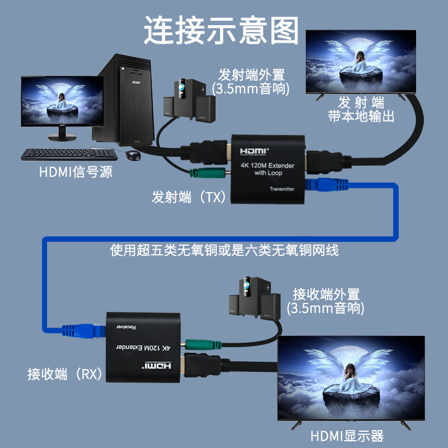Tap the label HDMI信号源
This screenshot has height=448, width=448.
tap(76, 172)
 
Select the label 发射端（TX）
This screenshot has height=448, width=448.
tap(188, 197)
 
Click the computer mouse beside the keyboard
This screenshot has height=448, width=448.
tap(132, 155)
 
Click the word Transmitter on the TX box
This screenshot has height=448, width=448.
tap(282, 189)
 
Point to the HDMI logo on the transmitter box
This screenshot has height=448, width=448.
tap(255, 151)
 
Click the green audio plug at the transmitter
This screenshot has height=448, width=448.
tap(208, 174)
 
